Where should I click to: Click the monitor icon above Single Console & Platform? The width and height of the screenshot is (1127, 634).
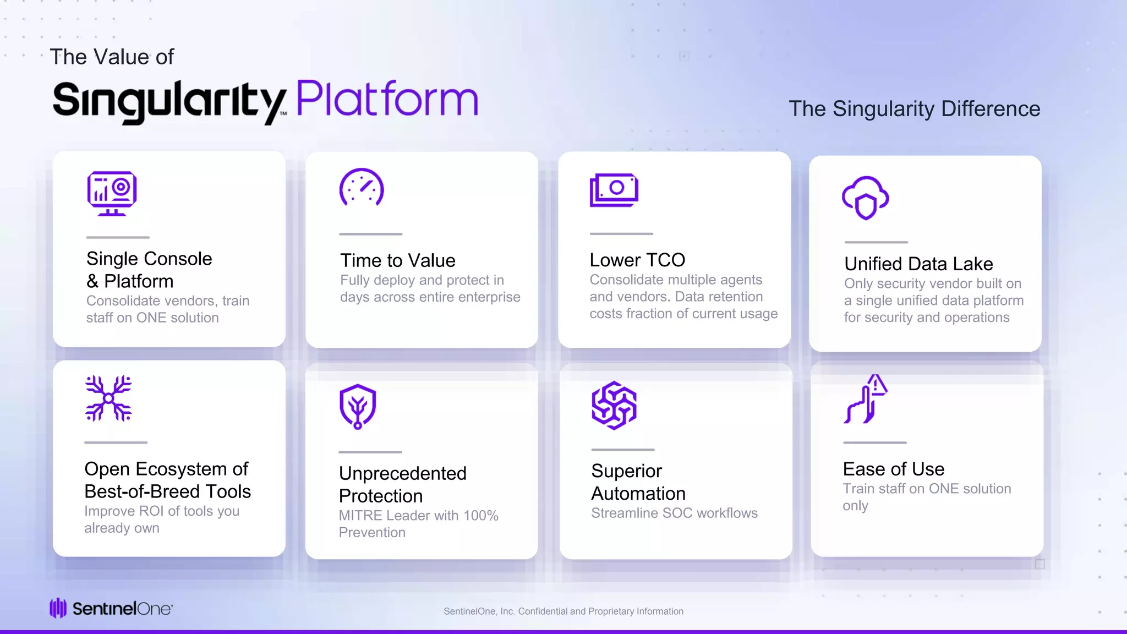pyautogui.click(x=112, y=193)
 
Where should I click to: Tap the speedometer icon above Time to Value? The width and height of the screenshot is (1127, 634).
pyautogui.click(x=362, y=188)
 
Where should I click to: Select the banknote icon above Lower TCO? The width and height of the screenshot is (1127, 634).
pyautogui.click(x=614, y=190)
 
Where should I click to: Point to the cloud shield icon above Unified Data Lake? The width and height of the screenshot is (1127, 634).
pyautogui.click(x=866, y=198)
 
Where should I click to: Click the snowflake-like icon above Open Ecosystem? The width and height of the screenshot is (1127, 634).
pyautogui.click(x=108, y=398)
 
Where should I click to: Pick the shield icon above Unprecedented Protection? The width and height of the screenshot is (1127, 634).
pyautogui.click(x=358, y=406)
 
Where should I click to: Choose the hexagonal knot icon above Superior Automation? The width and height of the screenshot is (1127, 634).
pyautogui.click(x=614, y=406)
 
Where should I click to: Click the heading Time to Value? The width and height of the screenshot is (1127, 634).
pyautogui.click(x=398, y=260)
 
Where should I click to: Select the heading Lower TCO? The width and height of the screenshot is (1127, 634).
pyautogui.click(x=637, y=260)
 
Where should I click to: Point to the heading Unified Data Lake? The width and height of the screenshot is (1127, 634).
pyautogui.click(x=918, y=264)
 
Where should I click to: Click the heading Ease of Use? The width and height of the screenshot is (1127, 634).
pyautogui.click(x=894, y=469)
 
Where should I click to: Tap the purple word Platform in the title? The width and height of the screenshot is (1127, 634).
pyautogui.click(x=387, y=99)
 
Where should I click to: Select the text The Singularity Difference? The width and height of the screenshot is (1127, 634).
pyautogui.click(x=914, y=109)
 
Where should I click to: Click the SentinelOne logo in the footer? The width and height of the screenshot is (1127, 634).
pyautogui.click(x=111, y=609)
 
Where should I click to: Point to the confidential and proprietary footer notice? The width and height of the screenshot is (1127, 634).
pyautogui.click(x=563, y=611)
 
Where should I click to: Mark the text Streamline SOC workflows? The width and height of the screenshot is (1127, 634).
pyautogui.click(x=674, y=513)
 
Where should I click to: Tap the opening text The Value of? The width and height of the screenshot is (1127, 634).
pyautogui.click(x=112, y=57)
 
